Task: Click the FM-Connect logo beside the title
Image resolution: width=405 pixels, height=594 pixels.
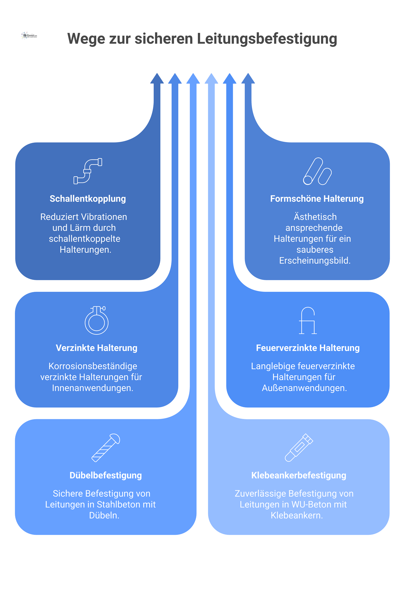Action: pyautogui.click(x=29, y=36)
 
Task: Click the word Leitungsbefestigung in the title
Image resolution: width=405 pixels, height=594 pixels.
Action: pyautogui.click(x=267, y=39)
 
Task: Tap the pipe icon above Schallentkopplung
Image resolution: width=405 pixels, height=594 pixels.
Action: pyautogui.click(x=88, y=171)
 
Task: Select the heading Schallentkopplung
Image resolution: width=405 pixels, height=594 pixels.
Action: pyautogui.click(x=88, y=199)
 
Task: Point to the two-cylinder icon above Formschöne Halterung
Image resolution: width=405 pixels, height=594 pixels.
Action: pyautogui.click(x=317, y=171)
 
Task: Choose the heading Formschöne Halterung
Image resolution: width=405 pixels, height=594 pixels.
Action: pyautogui.click(x=317, y=199)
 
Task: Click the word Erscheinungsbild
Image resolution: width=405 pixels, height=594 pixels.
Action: pyautogui.click(x=315, y=260)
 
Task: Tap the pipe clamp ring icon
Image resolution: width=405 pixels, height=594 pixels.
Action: pyautogui.click(x=97, y=321)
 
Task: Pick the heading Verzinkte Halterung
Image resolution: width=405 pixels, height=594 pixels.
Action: pyautogui.click(x=97, y=348)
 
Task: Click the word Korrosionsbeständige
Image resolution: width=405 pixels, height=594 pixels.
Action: pyautogui.click(x=93, y=366)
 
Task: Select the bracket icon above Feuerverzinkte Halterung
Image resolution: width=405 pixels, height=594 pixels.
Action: pyautogui.click(x=308, y=321)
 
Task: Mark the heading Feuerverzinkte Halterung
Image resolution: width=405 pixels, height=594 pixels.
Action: pyautogui.click(x=308, y=348)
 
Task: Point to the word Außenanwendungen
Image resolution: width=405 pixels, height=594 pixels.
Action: pyautogui.click(x=304, y=388)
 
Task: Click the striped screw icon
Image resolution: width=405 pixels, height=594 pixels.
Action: pyautogui.click(x=106, y=448)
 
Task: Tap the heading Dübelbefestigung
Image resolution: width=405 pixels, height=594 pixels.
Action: pyautogui.click(x=106, y=476)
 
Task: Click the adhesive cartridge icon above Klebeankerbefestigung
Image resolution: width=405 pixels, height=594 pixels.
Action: pyautogui.click(x=299, y=448)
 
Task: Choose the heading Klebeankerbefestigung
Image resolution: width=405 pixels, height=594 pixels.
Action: pyautogui.click(x=298, y=476)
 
